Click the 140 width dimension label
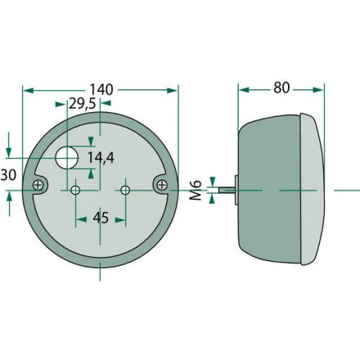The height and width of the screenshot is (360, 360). pos(101,90)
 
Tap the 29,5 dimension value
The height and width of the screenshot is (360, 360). pos(82,104)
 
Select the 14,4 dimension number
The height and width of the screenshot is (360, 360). pos(101,158)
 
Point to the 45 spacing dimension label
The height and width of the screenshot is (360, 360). pos(101,218)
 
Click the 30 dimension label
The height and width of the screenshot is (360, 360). pos(8,175)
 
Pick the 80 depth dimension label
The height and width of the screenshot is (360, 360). pos(281,88)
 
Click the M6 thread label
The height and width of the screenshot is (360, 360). pos(196,190)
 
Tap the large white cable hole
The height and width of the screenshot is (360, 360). pos(67,157)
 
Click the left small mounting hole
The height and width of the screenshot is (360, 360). pos(75,190)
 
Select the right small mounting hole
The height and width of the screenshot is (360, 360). pos(125,190)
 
